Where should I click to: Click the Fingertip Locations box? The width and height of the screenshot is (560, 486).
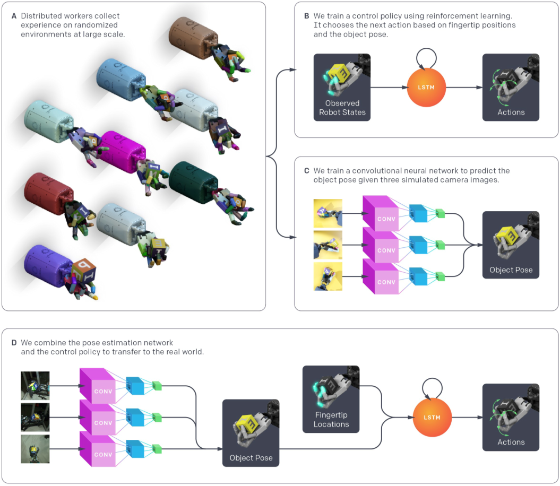point(331,399)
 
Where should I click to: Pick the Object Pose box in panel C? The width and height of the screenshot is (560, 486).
point(511,245)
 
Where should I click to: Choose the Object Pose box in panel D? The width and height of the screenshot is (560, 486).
point(251,433)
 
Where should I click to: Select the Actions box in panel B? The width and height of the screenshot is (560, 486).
point(511,87)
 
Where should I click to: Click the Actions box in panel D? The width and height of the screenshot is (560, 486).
point(511,417)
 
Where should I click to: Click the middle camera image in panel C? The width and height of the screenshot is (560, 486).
point(328,245)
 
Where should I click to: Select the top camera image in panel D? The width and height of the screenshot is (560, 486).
point(35,386)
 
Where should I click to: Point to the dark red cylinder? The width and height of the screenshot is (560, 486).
point(48,193)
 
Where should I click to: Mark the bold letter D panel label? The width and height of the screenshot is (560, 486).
point(14,343)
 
